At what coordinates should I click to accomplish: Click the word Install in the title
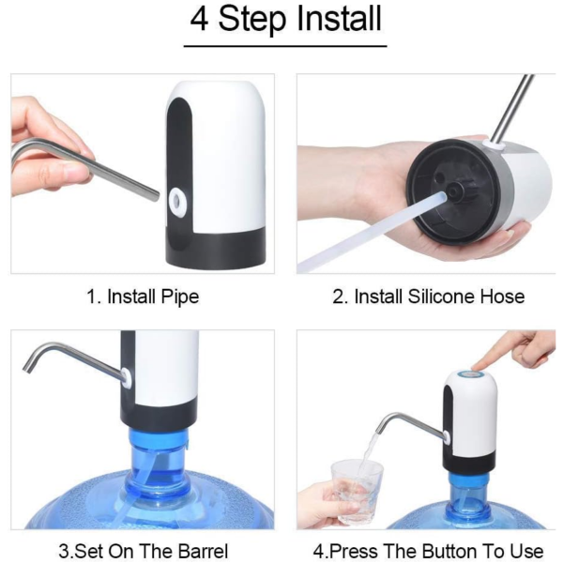coord(339,19)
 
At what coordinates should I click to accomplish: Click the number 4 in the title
coord(199,19)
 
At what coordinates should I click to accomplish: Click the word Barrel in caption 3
coord(204,551)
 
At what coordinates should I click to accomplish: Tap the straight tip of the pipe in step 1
coord(156,196)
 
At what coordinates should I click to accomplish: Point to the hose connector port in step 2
coord(454,190)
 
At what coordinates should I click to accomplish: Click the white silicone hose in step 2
coord(373,230)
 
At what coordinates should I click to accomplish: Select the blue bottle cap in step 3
coord(158,435)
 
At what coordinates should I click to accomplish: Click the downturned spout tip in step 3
coord(27,368)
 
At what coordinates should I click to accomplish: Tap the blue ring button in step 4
coord(471,374)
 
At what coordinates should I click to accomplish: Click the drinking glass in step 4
coord(357,492)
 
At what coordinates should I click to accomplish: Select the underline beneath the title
coord(285,46)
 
